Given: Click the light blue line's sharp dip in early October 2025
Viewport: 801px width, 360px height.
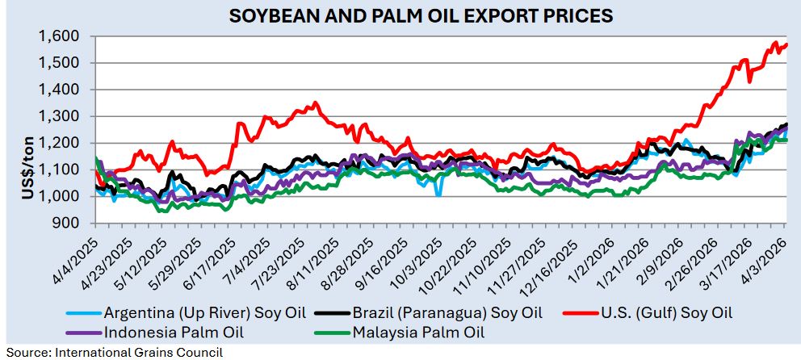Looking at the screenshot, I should [438, 194].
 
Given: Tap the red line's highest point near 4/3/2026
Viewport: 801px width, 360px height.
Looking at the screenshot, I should [775, 42].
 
